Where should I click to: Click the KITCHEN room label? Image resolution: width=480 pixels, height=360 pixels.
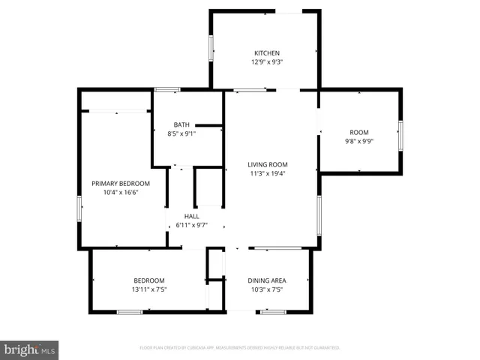click(x=267, y=53)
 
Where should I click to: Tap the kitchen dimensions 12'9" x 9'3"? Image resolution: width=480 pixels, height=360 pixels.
click(x=267, y=62)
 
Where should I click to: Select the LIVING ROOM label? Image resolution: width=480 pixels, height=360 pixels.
click(x=268, y=164)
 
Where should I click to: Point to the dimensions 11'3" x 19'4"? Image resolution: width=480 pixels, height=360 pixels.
click(x=268, y=173)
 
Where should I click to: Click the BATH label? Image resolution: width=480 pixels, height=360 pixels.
click(x=181, y=124)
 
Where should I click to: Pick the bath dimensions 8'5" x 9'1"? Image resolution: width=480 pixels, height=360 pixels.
click(x=181, y=133)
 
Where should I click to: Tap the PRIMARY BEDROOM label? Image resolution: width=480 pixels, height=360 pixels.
click(x=121, y=183)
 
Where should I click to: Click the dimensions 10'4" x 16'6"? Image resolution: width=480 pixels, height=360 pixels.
click(x=121, y=192)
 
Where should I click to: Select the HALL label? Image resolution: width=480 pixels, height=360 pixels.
click(x=192, y=216)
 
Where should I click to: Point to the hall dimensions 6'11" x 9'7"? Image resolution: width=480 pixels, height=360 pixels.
click(x=192, y=225)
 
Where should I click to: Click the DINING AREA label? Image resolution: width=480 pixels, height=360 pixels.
click(x=267, y=280)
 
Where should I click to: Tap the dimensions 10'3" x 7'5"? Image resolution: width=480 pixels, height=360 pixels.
click(x=267, y=289)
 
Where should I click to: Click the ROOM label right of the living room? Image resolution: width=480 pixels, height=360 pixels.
click(x=358, y=132)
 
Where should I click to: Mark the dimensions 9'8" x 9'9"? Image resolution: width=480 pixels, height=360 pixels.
click(x=358, y=141)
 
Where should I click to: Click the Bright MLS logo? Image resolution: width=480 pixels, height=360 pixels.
click(x=30, y=349)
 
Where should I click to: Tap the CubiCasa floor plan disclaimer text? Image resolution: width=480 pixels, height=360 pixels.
click(x=240, y=348)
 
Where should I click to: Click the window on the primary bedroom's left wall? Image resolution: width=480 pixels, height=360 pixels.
click(x=79, y=208)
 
